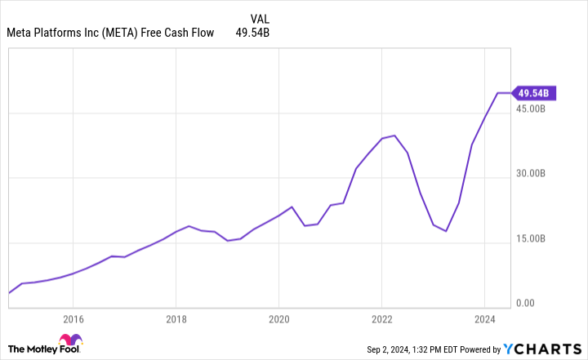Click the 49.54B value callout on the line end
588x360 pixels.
pos(537,93)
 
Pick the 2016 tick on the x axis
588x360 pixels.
pos(73,319)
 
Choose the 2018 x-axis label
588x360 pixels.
pos(176,319)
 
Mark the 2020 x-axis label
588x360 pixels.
pos(278,319)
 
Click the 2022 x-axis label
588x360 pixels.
pos(381,319)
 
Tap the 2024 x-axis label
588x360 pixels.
pos(484,319)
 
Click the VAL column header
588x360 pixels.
pos(259,16)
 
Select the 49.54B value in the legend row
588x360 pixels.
pos(252,33)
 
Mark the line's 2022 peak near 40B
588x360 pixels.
pos(394,136)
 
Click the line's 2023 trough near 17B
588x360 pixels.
pos(446,231)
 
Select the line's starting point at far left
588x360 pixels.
pos(9,292)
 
